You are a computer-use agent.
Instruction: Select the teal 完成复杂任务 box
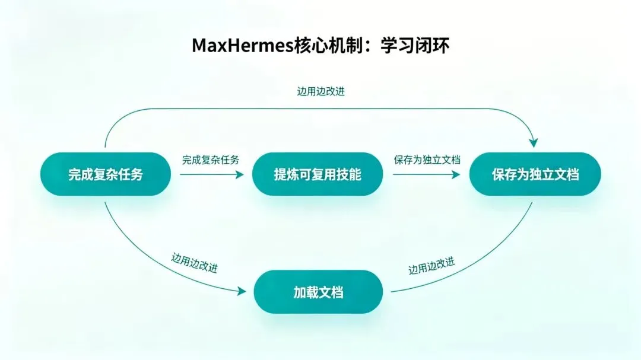(105, 174)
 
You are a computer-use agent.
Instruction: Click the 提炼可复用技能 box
(317, 174)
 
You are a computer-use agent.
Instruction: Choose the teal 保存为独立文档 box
(535, 174)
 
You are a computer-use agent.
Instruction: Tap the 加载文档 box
(318, 292)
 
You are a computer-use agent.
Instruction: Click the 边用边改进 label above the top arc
(320, 92)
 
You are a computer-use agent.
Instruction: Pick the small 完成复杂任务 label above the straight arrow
(211, 160)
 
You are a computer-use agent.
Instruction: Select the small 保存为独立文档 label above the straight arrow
(427, 160)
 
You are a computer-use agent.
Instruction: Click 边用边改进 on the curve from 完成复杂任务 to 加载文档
(194, 263)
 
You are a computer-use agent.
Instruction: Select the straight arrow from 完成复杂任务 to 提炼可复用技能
(211, 174)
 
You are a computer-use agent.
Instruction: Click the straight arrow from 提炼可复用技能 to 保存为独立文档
(426, 174)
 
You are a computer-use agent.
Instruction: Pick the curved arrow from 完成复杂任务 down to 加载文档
(148, 261)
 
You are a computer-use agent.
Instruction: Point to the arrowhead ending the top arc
(533, 142)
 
